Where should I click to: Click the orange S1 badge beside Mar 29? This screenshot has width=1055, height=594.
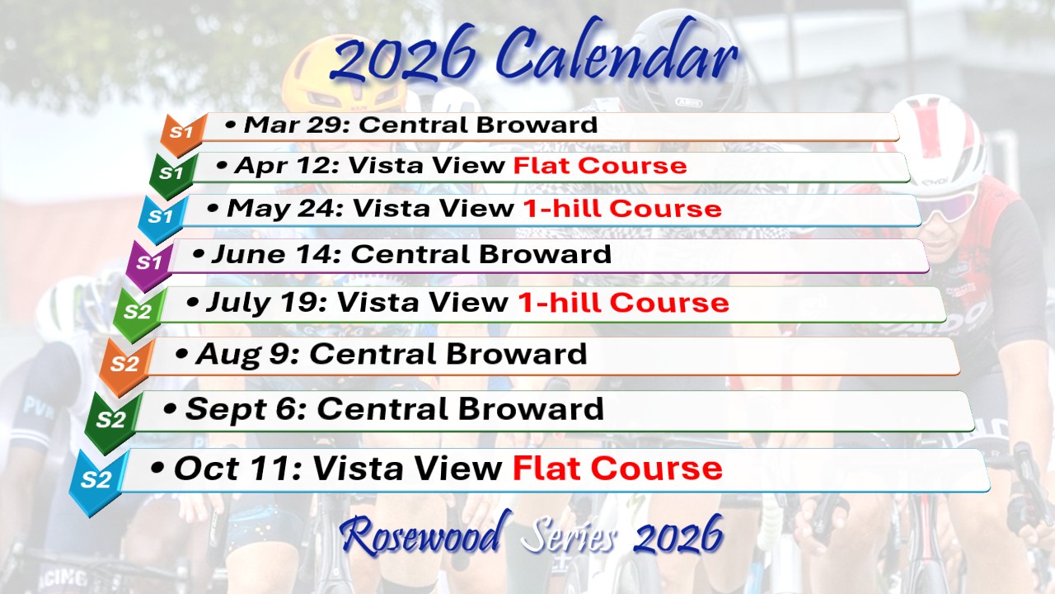pyautogui.click(x=183, y=134)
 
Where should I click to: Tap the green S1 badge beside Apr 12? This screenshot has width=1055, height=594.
pyautogui.click(x=172, y=175)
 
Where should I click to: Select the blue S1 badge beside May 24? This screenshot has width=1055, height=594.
pyautogui.click(x=161, y=219)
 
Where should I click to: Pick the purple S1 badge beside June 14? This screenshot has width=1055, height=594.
pyautogui.click(x=149, y=264)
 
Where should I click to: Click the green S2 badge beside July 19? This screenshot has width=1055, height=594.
pyautogui.click(x=138, y=313)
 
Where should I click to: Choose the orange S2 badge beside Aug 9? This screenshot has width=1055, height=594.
pyautogui.click(x=124, y=365)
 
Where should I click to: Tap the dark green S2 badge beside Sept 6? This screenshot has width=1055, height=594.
pyautogui.click(x=111, y=421)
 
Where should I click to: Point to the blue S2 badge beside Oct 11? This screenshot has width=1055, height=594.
pyautogui.click(x=96, y=481)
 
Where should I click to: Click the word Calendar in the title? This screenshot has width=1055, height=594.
pyautogui.click(x=617, y=55)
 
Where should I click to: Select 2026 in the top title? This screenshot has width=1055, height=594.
pyautogui.click(x=403, y=59)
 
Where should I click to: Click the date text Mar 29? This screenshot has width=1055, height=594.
pyautogui.click(x=296, y=125)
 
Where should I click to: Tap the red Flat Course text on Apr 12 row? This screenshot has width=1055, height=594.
pyautogui.click(x=600, y=166)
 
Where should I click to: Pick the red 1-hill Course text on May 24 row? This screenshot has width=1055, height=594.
pyautogui.click(x=622, y=209)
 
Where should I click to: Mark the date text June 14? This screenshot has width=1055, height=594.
pyautogui.click(x=275, y=255)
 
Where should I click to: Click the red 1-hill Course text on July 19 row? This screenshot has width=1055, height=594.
pyautogui.click(x=623, y=302)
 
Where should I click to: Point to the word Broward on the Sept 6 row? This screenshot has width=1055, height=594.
pyautogui.click(x=531, y=408)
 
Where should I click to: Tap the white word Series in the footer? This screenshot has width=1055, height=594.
pyautogui.click(x=569, y=536)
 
